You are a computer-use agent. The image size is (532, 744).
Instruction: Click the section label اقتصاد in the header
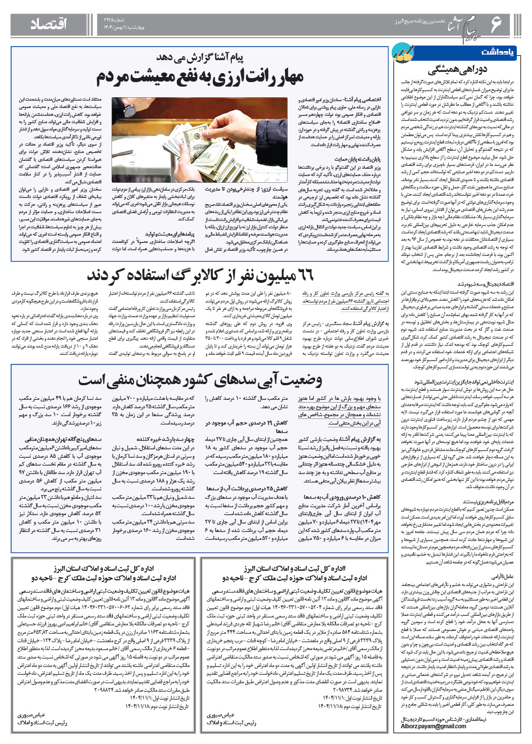point(48,24)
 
